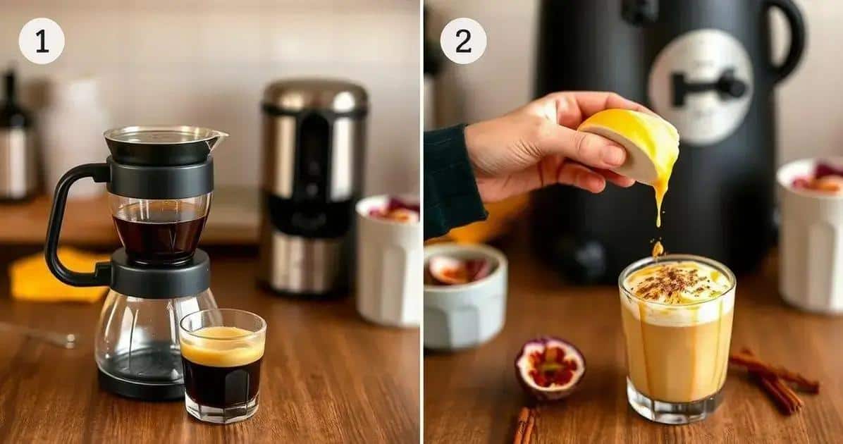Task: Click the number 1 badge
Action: tap(42, 41)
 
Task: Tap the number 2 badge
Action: tap(463, 41)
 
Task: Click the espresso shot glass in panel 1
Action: tap(223, 366)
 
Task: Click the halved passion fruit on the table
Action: tap(550, 368)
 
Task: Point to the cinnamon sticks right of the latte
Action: tap(774, 379)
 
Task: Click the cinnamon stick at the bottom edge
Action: tap(524, 426)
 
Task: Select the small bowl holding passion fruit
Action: tap(465, 295)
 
